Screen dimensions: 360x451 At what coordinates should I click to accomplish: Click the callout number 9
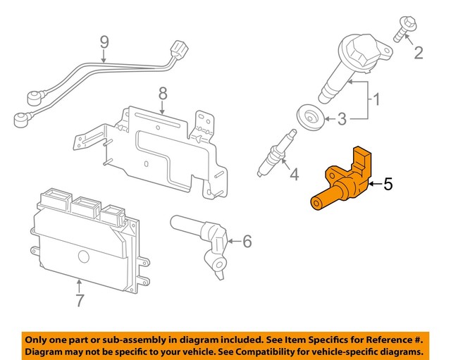point(104,44)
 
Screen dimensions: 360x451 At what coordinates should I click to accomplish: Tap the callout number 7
point(80,301)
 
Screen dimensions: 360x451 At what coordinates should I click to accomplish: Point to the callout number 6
point(247,242)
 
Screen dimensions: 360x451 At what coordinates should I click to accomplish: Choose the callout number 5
point(388,185)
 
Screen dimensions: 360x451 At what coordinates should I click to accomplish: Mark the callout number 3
point(341,120)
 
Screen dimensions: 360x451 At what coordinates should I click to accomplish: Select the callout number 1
point(376,99)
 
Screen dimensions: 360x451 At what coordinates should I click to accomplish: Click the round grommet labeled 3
point(308,117)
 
